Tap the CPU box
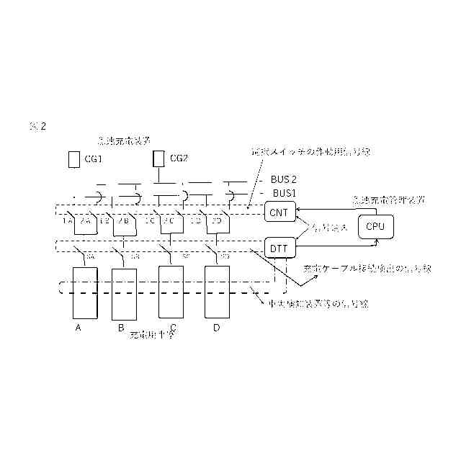(x=375, y=226)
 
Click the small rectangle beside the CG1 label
(x=73, y=159)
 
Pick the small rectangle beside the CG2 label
(x=158, y=158)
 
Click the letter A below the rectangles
(x=79, y=328)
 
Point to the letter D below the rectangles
(x=215, y=328)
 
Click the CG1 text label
(x=95, y=159)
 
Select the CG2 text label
(x=179, y=159)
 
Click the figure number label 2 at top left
(x=42, y=127)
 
